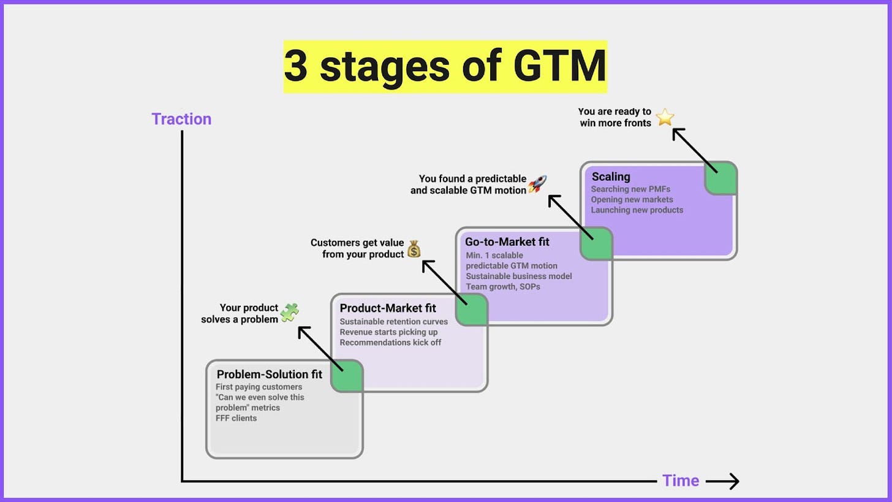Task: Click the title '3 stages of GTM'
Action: pyautogui.click(x=445, y=66)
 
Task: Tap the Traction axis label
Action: pyautogui.click(x=181, y=119)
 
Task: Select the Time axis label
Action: pyautogui.click(x=680, y=481)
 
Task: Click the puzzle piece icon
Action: pyautogui.click(x=289, y=313)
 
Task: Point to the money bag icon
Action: pyautogui.click(x=414, y=248)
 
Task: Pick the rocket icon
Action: pyautogui.click(x=537, y=183)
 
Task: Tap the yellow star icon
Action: pyautogui.click(x=665, y=117)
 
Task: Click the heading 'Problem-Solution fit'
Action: pyautogui.click(x=269, y=375)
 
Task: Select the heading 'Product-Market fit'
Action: pyautogui.click(x=388, y=308)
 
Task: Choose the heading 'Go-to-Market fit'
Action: pyautogui.click(x=507, y=242)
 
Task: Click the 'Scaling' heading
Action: pyautogui.click(x=611, y=177)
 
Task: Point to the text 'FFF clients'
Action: pyautogui.click(x=236, y=418)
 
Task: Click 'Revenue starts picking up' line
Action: pyautogui.click(x=388, y=332)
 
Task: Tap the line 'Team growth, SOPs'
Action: pyautogui.click(x=502, y=286)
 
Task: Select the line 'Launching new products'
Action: pyautogui.click(x=637, y=210)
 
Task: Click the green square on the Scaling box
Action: pyautogui.click(x=720, y=178)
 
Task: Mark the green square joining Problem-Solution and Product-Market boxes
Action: pyautogui.click(x=347, y=376)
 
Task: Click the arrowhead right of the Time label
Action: pyautogui.click(x=733, y=482)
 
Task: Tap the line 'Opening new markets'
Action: pyautogui.click(x=632, y=199)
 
